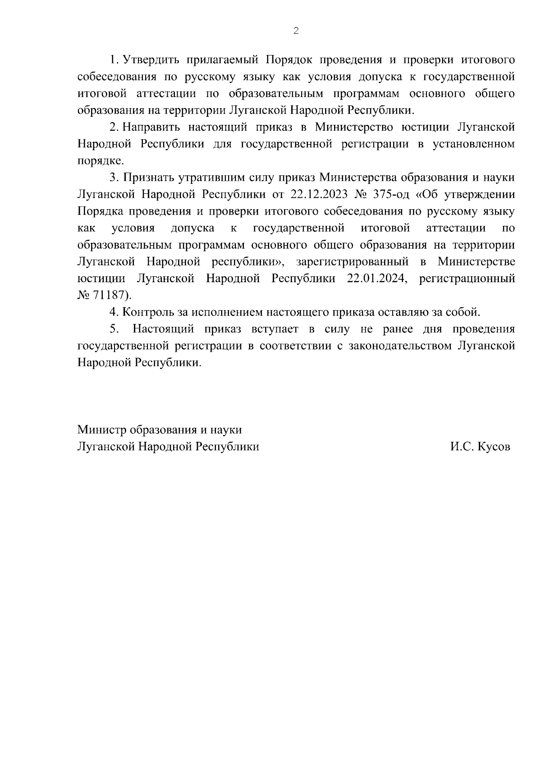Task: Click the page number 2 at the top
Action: pyautogui.click(x=296, y=31)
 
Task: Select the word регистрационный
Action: pyautogui.click(x=467, y=278)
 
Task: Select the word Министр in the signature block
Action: pyautogui.click(x=101, y=430)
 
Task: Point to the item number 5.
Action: pyautogui.click(x=114, y=329)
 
